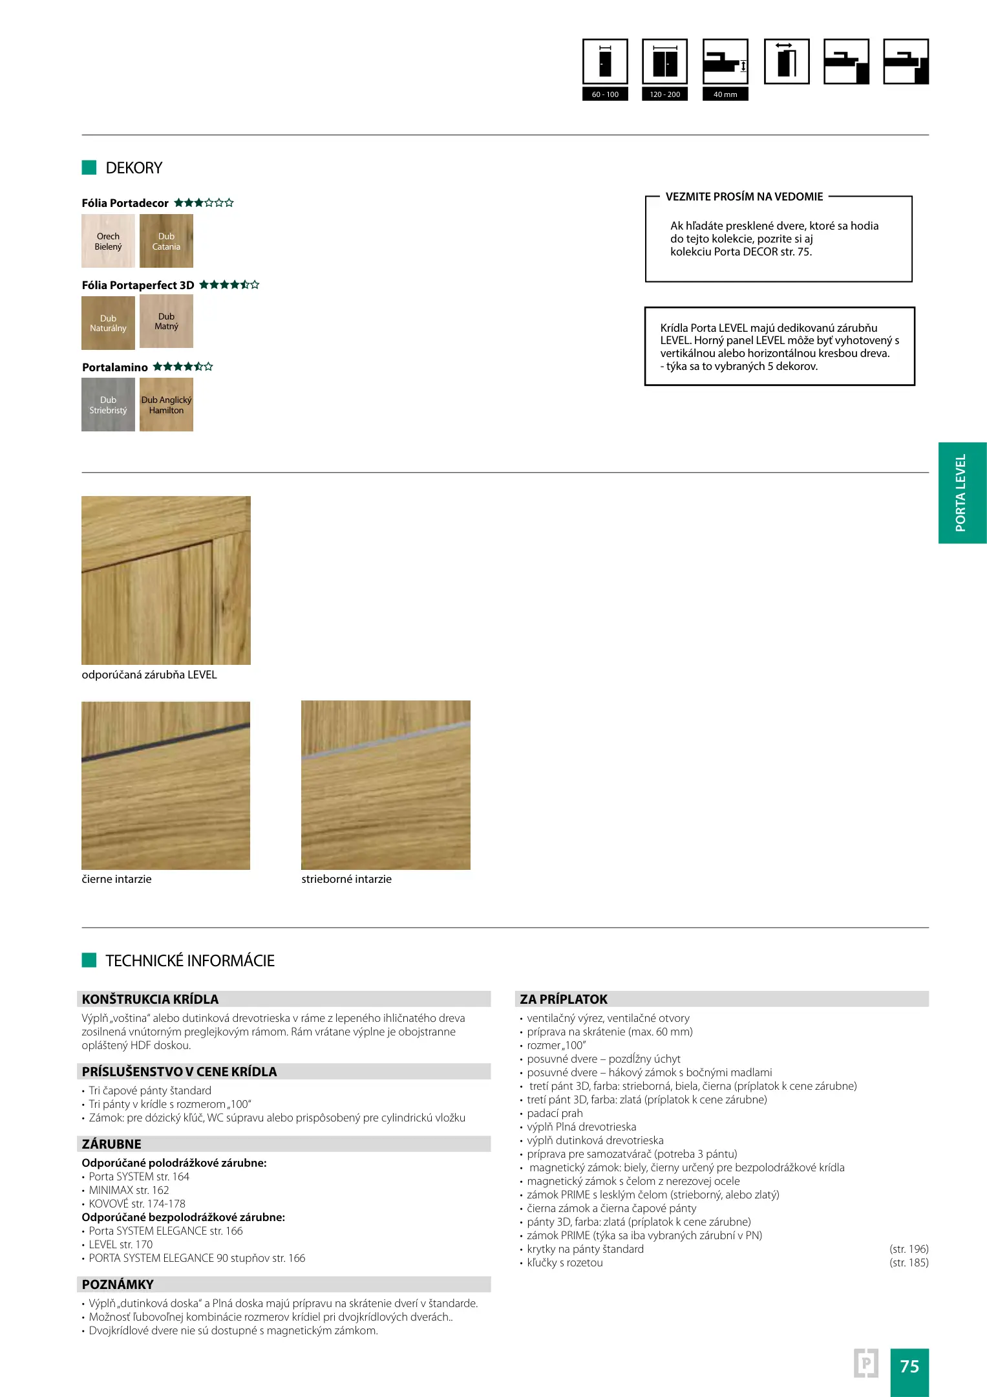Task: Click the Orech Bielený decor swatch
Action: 108,241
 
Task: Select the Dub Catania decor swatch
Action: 166,241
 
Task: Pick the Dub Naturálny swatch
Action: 108,323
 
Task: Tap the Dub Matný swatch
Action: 166,321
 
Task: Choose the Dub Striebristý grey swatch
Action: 108,405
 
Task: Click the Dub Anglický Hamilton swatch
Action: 166,405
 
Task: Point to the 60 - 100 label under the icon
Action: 605,94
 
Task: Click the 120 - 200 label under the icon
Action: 664,94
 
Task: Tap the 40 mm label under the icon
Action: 725,94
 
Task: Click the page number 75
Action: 909,1366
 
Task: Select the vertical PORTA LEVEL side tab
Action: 962,493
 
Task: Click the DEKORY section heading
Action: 134,168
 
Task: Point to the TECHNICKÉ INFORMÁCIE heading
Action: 190,960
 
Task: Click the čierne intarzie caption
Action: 117,879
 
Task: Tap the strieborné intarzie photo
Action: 385,785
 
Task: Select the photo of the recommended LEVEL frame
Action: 166,580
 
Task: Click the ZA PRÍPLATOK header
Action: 564,999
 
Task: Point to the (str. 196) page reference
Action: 909,1249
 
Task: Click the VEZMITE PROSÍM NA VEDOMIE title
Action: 744,197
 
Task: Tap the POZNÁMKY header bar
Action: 283,1284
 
